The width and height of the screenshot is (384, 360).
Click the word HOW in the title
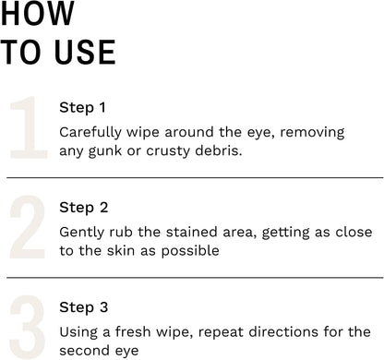[38, 13]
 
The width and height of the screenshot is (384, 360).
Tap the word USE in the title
[85, 53]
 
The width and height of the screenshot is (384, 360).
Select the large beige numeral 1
[29, 127]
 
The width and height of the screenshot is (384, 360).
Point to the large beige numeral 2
[28, 227]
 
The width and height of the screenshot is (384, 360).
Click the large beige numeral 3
[28, 327]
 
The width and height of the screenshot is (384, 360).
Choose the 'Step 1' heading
[82, 108]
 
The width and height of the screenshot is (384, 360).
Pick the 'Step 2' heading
[84, 208]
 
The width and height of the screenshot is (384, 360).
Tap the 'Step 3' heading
[84, 307]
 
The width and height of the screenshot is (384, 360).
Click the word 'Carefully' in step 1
[90, 133]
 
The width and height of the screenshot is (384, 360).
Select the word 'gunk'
[105, 151]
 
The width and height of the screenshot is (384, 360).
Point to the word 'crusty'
[168, 151]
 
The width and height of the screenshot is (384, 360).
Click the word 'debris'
[217, 150]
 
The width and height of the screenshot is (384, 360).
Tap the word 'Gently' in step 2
[81, 233]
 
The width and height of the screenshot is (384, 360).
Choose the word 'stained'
[192, 232]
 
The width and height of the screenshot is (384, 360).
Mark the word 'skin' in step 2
[121, 250]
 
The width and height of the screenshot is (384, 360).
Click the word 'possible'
[190, 251]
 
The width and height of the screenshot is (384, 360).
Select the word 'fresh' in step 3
[133, 331]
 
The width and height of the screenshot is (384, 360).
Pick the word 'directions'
[283, 331]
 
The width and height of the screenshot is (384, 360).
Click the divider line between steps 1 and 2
[195, 177]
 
